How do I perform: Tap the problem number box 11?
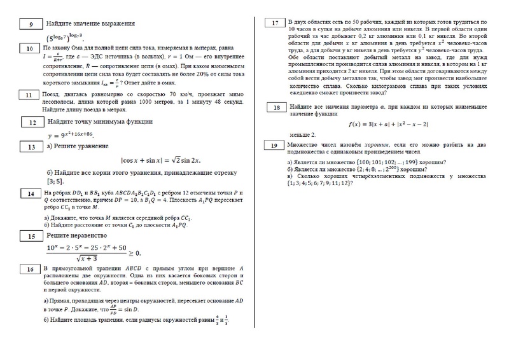pyautogui.click(x=31, y=95)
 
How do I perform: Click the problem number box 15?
pyautogui.click(x=31, y=236)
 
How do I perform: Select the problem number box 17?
pyautogui.click(x=275, y=24)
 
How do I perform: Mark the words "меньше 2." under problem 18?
pyautogui.click(x=302, y=135)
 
